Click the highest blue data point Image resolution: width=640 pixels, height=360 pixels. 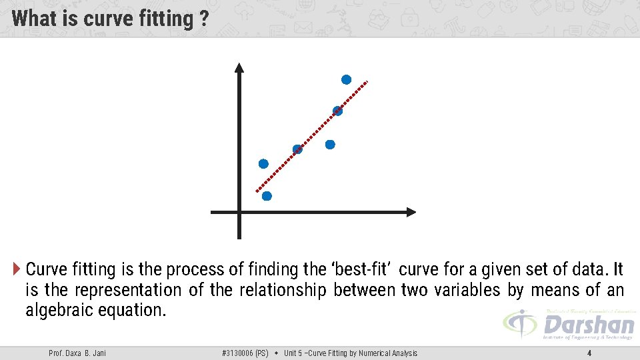click(x=346, y=80)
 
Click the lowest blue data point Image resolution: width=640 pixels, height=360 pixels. click(x=267, y=196)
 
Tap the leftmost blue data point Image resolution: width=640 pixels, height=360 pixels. click(x=263, y=164)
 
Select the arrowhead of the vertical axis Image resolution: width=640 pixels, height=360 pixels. click(x=239, y=67)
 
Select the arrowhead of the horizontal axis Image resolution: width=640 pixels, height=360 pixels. click(x=411, y=212)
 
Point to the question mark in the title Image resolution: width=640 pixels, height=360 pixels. click(x=203, y=19)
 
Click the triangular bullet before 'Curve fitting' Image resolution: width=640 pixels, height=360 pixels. click(x=17, y=269)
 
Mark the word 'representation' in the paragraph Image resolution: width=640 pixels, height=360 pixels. click(x=128, y=290)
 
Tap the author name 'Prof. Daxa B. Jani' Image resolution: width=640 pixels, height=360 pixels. click(x=77, y=353)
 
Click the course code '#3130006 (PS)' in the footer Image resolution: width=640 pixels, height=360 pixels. click(x=245, y=353)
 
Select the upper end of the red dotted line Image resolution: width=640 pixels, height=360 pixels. click(x=366, y=83)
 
